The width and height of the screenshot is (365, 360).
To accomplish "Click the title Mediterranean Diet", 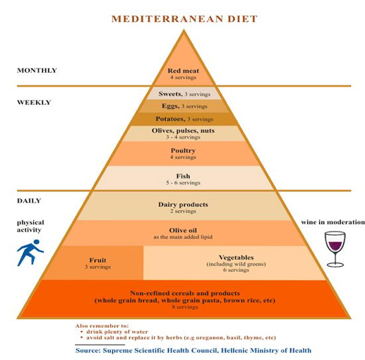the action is tap(184, 19).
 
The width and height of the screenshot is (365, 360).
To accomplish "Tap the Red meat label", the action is tap(183, 71).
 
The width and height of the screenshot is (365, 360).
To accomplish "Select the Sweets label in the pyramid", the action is tap(171, 94).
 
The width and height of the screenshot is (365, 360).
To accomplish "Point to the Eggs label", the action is tap(171, 106).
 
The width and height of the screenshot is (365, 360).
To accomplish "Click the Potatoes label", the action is tap(170, 119).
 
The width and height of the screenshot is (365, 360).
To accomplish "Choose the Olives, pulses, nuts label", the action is tap(183, 131).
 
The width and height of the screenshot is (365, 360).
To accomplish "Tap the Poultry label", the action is tap(183, 150).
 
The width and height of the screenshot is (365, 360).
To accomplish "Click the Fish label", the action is tap(183, 176).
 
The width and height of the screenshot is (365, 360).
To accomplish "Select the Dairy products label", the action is tap(183, 205).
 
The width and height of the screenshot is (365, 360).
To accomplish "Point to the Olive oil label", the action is tap(183, 230).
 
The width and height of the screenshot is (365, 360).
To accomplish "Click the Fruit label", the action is tap(97, 260).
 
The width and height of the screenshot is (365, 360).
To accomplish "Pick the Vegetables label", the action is tap(237, 258).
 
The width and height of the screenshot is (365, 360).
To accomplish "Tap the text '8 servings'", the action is tap(185, 307).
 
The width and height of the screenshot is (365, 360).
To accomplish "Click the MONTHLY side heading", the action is tap(37, 71).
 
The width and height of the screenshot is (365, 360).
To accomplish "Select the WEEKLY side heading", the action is tap(34, 102).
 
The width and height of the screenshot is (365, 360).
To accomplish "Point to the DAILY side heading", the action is tap(29, 200).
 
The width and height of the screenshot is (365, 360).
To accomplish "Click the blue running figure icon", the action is tap(30, 253).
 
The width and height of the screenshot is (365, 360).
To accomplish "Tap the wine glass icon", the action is tap(335, 249).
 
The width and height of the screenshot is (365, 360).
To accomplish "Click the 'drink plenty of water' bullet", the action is tap(117, 332).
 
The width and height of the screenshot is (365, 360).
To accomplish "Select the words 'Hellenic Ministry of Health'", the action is tap(266, 351).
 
